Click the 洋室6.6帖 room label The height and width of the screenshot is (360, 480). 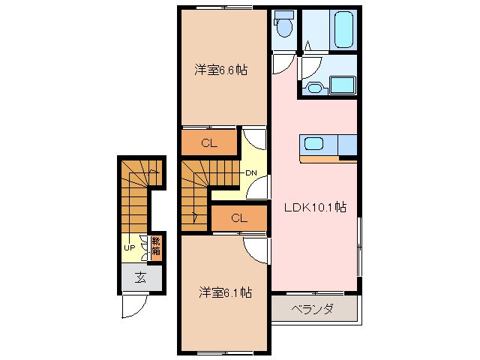click(221, 70)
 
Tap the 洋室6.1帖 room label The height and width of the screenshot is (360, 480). click(224, 292)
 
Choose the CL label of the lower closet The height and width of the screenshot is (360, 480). click(238, 218)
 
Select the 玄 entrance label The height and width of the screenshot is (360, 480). click(140, 277)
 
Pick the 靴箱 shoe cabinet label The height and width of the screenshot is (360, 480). click(156, 246)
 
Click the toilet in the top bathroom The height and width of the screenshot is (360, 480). click(283, 28)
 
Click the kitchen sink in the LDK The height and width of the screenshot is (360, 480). click(313, 143)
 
